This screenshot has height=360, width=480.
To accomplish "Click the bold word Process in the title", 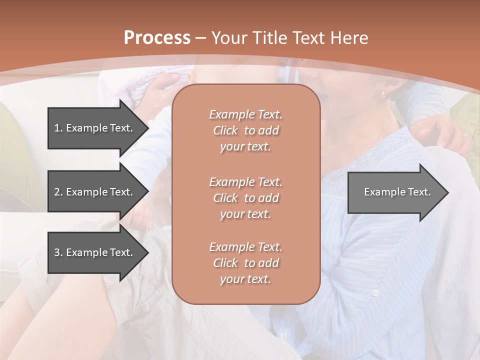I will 157,38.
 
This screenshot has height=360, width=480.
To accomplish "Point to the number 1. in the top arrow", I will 58,128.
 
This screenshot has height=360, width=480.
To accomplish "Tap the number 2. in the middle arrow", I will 58,192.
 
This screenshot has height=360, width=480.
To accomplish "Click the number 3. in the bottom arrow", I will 58,252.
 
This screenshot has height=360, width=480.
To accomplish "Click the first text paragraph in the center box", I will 245,130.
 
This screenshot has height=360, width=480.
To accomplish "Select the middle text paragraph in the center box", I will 245,197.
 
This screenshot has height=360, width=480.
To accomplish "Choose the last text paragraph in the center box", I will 245,263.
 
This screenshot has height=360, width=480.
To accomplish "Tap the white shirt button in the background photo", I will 375,292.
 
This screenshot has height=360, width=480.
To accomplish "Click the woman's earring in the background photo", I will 382,95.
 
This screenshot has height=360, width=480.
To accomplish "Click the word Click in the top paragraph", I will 225,130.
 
